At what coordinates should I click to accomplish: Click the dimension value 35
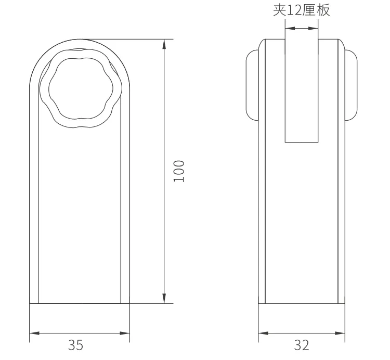coord(75,345)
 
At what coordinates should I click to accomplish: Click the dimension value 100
coord(179,171)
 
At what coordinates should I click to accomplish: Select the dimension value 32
coord(302,345)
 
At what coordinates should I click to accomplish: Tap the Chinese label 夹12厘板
coord(302,10)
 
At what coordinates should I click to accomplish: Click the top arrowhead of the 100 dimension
coord(164,44)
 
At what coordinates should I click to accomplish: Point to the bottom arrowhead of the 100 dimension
coord(164,299)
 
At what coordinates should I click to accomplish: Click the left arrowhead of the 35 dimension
coord(34,333)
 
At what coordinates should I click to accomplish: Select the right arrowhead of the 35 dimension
coord(125,333)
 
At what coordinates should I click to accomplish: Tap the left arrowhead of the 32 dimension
coord(264,333)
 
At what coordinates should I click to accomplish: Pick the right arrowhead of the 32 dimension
coord(340,333)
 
